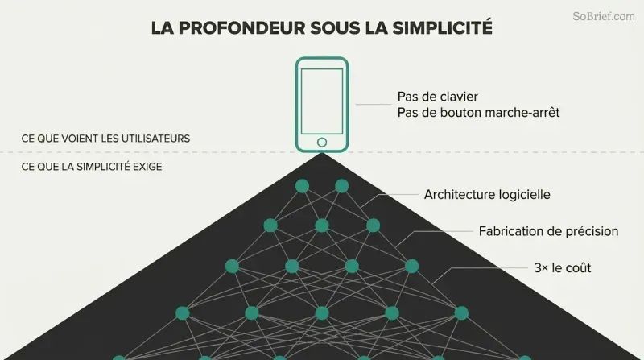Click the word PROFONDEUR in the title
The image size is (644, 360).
click(242, 28)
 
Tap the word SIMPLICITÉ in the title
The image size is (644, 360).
click(442, 27)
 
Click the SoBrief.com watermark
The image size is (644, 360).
click(604, 16)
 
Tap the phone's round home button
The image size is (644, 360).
click(322, 143)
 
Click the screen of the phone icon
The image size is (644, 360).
click(322, 101)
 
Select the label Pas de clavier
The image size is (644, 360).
click(437, 97)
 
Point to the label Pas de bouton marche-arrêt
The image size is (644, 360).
click(478, 113)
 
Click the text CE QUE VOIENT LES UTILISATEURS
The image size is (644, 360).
click(105, 139)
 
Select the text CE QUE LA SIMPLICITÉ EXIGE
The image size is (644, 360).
click(92, 167)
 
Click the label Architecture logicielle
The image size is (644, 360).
click(487, 194)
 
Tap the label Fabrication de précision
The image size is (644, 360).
click(548, 231)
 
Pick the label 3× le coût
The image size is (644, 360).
click(562, 268)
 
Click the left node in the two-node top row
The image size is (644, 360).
click(303, 186)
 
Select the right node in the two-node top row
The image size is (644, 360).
click(341, 186)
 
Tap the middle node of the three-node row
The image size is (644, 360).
click(322, 226)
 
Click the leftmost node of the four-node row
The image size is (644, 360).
click(232, 267)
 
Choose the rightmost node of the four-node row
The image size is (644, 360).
click(411, 267)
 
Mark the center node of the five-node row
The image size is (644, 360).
click(322, 313)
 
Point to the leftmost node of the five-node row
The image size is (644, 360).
click(183, 313)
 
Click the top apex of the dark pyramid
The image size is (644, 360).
click(322, 153)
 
